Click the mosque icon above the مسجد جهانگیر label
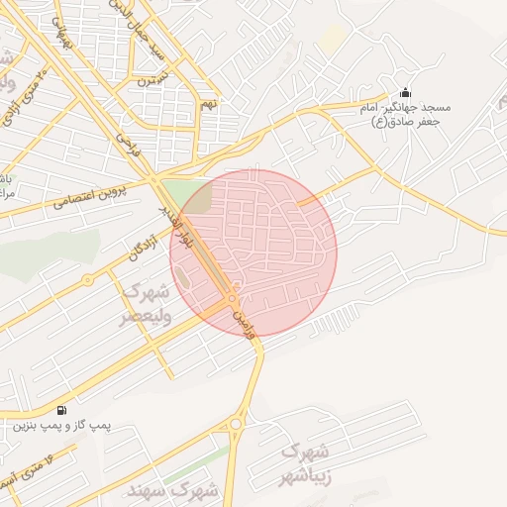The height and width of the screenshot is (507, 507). (404, 90)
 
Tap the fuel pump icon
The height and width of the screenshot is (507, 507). (63, 410)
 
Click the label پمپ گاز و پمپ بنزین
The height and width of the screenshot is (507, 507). (60, 427)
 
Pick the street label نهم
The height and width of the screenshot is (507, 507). (208, 103)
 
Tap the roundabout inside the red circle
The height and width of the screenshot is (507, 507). (231, 298)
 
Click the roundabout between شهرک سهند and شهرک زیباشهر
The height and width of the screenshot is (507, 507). (236, 425)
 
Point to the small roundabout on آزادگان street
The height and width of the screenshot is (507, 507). (87, 279)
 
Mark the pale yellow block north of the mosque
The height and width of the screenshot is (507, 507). (334, 39)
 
